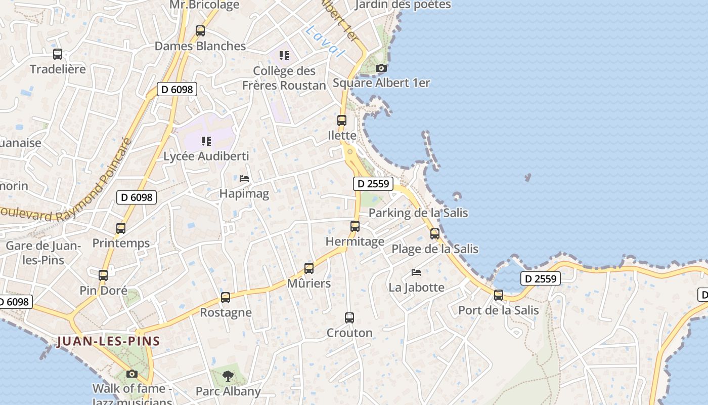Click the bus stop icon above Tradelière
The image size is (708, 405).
point(58,54)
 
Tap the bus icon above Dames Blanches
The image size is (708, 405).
point(200,31)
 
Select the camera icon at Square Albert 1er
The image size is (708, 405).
point(381,68)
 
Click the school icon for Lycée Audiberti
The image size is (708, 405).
point(206,141)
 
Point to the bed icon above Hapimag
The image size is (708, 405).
point(244,179)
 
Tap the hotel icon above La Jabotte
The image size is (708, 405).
point(416,272)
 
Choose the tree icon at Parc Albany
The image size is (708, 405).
point(228,376)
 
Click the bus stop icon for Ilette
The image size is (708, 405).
point(342,120)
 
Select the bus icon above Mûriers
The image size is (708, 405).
point(309,268)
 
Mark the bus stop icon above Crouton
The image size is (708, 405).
point(349,318)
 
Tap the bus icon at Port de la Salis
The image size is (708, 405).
point(499,295)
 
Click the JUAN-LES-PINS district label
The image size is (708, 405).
point(109,341)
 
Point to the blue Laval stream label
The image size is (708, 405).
point(324,40)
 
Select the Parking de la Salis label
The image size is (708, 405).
point(418,213)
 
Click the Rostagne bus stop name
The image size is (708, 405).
point(226,312)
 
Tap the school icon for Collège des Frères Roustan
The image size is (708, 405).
point(284,55)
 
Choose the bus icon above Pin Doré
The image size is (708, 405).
point(103,275)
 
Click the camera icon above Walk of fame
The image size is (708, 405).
point(132,374)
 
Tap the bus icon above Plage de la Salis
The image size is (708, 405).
point(435,234)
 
